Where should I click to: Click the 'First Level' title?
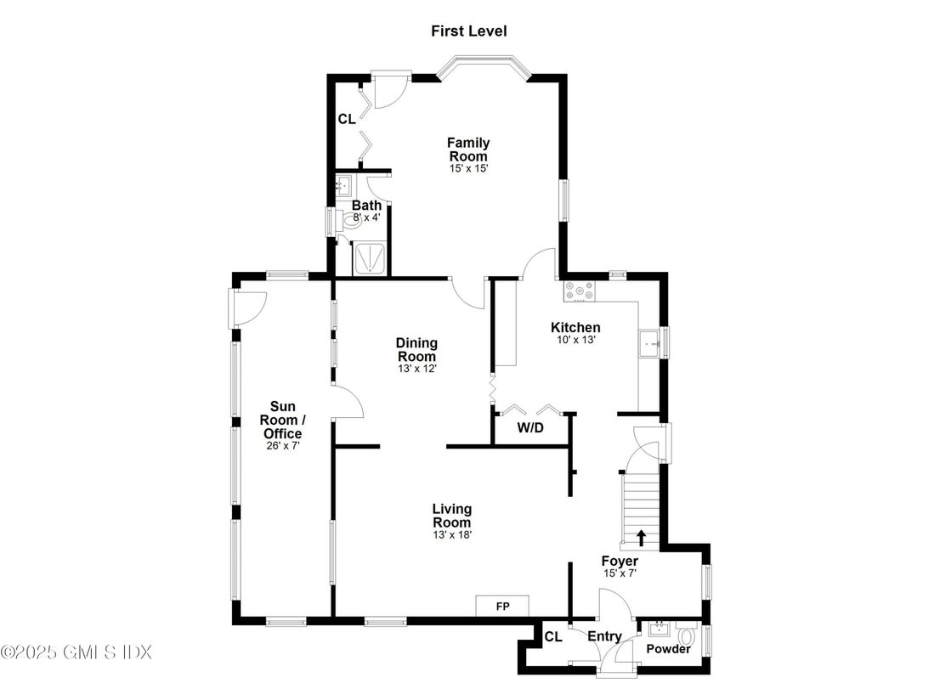[468, 31]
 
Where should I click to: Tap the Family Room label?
[468, 150]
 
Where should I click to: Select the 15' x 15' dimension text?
[468, 169]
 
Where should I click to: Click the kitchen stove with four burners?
[580, 291]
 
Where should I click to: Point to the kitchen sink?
[650, 344]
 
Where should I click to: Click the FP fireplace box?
[501, 606]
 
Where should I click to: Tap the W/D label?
[530, 428]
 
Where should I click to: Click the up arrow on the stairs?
[641, 536]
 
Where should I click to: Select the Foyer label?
[620, 562]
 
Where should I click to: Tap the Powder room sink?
[657, 629]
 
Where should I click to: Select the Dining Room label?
[416, 349]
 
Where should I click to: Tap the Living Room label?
[451, 516]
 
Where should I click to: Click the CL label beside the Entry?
[553, 636]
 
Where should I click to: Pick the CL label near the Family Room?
[347, 120]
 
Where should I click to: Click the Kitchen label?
[575, 328]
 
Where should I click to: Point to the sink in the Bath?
[344, 185]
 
